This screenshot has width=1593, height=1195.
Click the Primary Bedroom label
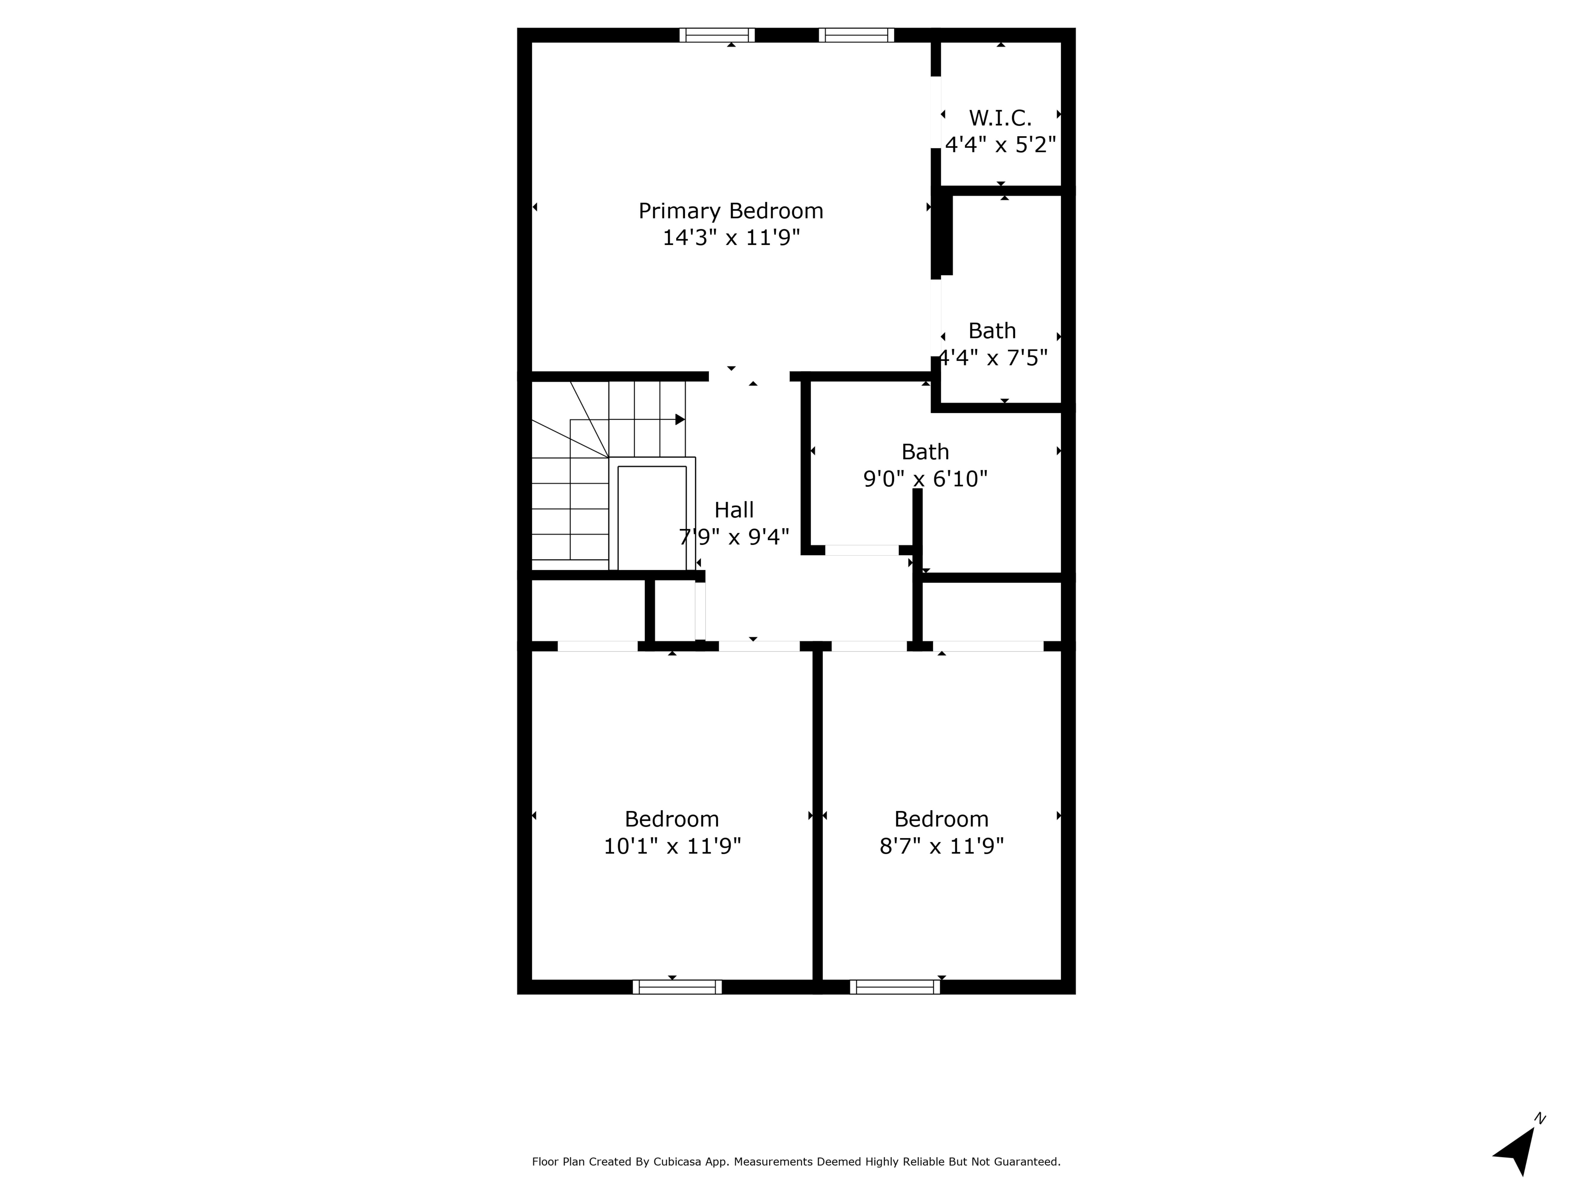(731, 211)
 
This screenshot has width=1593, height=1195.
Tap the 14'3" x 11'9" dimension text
(731, 238)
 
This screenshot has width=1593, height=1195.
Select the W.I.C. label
(1000, 117)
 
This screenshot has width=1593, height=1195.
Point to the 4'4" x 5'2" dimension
(1000, 145)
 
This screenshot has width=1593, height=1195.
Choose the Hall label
(734, 510)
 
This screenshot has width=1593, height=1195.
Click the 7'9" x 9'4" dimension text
(734, 537)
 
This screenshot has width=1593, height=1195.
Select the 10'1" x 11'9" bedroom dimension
(672, 846)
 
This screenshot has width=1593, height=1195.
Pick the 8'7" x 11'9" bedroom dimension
(941, 846)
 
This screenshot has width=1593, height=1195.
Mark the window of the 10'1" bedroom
(677, 987)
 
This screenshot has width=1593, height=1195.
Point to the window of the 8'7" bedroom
(894, 987)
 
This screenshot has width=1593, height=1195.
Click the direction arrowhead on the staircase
(680, 419)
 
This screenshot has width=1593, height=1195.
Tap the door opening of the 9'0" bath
(861, 550)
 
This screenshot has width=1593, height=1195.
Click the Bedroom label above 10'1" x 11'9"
(672, 819)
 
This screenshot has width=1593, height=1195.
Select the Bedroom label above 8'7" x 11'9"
(941, 819)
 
